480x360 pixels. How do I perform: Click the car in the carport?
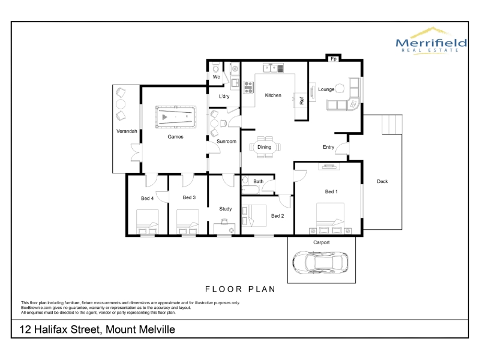click(320, 263)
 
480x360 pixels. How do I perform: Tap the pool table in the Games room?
click(176, 117)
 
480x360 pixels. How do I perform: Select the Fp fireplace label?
click(334, 59)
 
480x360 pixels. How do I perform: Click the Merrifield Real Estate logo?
click(431, 41)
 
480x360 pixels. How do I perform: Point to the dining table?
click(265, 147)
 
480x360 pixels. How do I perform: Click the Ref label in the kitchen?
click(302, 101)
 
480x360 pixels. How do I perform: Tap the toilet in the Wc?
click(216, 67)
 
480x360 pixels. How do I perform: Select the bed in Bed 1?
click(330, 218)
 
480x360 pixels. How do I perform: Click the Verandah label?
click(127, 131)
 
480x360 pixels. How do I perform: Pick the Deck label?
click(382, 181)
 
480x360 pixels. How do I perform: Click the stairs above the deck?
click(392, 124)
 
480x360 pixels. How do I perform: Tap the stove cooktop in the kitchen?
click(248, 87)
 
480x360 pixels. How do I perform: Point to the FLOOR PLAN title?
click(241, 289)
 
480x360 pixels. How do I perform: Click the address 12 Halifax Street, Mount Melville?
click(97, 329)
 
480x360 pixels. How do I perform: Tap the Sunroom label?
click(227, 141)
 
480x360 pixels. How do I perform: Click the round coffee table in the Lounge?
click(340, 88)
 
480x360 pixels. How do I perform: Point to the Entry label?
click(328, 147)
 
